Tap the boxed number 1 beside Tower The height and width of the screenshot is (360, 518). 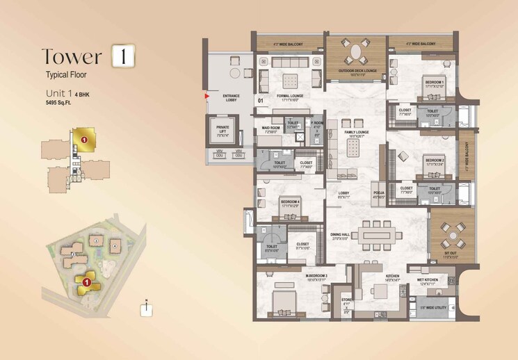pyautogui.click(x=122, y=56)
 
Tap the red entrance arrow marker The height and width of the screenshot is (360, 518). pyautogui.click(x=207, y=97)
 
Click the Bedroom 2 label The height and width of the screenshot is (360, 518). pyautogui.click(x=434, y=160)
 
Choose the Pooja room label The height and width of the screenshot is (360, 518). pyautogui.click(x=378, y=193)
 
